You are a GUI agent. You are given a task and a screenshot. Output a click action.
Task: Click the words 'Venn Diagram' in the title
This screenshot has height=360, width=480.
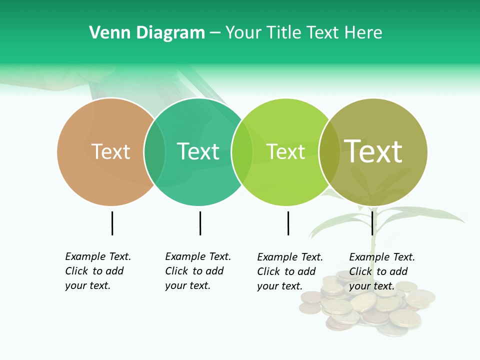[x=147, y=33]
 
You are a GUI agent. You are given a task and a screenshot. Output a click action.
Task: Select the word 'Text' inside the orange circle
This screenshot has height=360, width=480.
[x=110, y=151]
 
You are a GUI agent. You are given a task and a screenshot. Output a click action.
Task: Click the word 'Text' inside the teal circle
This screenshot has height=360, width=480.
[x=198, y=151]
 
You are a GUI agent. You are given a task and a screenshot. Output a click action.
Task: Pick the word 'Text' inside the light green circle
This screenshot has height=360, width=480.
[x=285, y=151]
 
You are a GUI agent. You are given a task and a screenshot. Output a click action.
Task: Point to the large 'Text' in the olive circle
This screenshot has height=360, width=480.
[x=373, y=151]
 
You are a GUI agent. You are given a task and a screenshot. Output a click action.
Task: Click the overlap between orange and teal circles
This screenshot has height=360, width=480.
[x=154, y=151]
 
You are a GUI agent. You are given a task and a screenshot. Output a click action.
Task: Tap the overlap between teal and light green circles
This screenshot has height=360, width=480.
[x=242, y=151]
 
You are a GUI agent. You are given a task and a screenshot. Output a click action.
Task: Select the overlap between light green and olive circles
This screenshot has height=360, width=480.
[x=329, y=151]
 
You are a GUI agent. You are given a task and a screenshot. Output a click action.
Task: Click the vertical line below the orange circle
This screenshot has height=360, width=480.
[x=112, y=223]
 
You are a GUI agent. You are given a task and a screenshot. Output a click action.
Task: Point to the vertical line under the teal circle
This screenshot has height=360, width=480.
[x=200, y=223]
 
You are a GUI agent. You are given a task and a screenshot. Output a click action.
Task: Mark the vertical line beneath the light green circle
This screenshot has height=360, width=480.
[x=288, y=223]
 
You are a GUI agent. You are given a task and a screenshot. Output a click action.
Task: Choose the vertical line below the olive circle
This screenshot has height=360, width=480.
[x=372, y=223]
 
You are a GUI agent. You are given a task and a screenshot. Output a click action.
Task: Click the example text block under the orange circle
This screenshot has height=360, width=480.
[x=98, y=271]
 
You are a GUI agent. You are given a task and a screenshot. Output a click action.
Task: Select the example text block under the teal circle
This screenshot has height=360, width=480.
[x=198, y=271]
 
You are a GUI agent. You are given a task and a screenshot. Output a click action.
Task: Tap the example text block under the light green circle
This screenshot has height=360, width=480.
[x=290, y=271]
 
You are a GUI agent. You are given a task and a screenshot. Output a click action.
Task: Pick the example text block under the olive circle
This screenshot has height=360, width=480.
[x=382, y=271]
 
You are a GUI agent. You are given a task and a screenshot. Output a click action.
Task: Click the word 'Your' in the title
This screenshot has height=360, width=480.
[x=243, y=33]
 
